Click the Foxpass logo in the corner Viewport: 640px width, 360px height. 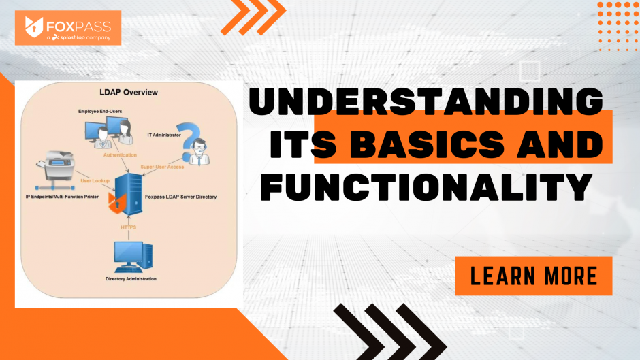pyautogui.click(x=67, y=28)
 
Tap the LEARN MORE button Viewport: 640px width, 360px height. pyautogui.click(x=534, y=276)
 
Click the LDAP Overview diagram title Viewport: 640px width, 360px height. pyautogui.click(x=129, y=92)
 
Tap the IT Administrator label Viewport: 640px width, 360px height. pyautogui.click(x=163, y=135)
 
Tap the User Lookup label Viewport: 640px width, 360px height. pyautogui.click(x=96, y=181)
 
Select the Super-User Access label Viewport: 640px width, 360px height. pyautogui.click(x=162, y=165)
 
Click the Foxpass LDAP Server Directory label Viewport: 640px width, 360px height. pyautogui.click(x=181, y=197)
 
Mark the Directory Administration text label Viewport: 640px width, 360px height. pyautogui.click(x=131, y=279)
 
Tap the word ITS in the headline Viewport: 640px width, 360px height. pyautogui.click(x=300, y=145)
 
